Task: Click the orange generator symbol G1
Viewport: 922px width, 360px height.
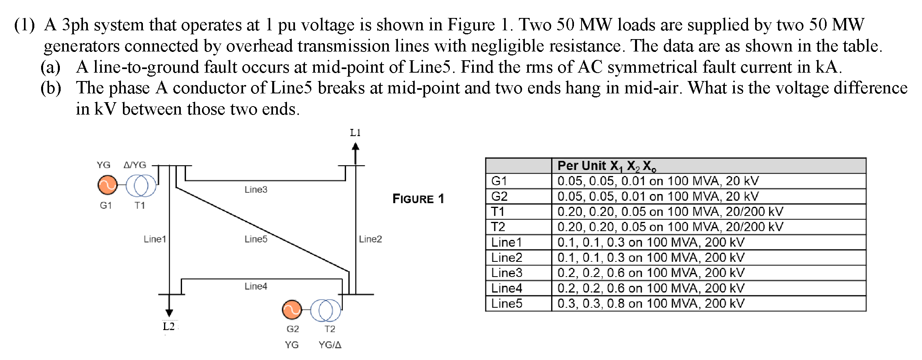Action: (x=107, y=185)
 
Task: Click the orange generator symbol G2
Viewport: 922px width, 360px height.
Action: (x=292, y=310)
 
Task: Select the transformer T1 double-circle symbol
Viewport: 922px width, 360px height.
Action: (x=141, y=186)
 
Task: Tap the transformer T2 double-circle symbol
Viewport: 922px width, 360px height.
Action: (x=326, y=310)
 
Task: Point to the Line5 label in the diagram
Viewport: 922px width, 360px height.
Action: (x=256, y=239)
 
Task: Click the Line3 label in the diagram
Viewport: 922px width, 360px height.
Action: (x=256, y=190)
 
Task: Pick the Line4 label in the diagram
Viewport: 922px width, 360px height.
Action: (x=256, y=286)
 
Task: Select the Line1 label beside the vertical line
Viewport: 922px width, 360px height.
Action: (x=155, y=239)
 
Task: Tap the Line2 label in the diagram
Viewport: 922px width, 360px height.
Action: (x=370, y=239)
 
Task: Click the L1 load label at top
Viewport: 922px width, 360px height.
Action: (x=355, y=133)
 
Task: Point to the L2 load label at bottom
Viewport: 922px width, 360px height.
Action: (x=169, y=326)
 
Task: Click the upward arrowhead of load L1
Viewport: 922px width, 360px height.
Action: (x=355, y=147)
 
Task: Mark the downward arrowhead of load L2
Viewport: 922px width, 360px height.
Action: (x=169, y=313)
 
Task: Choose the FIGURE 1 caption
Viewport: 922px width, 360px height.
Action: (x=418, y=199)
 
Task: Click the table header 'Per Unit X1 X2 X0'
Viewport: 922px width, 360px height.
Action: (x=607, y=166)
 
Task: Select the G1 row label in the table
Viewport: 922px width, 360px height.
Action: (x=499, y=181)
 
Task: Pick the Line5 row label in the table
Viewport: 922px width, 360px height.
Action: (x=507, y=303)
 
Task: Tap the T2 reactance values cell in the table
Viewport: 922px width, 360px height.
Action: (x=670, y=227)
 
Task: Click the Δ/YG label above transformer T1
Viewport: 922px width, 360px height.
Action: (x=135, y=165)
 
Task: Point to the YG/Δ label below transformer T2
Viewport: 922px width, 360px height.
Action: (x=330, y=345)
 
